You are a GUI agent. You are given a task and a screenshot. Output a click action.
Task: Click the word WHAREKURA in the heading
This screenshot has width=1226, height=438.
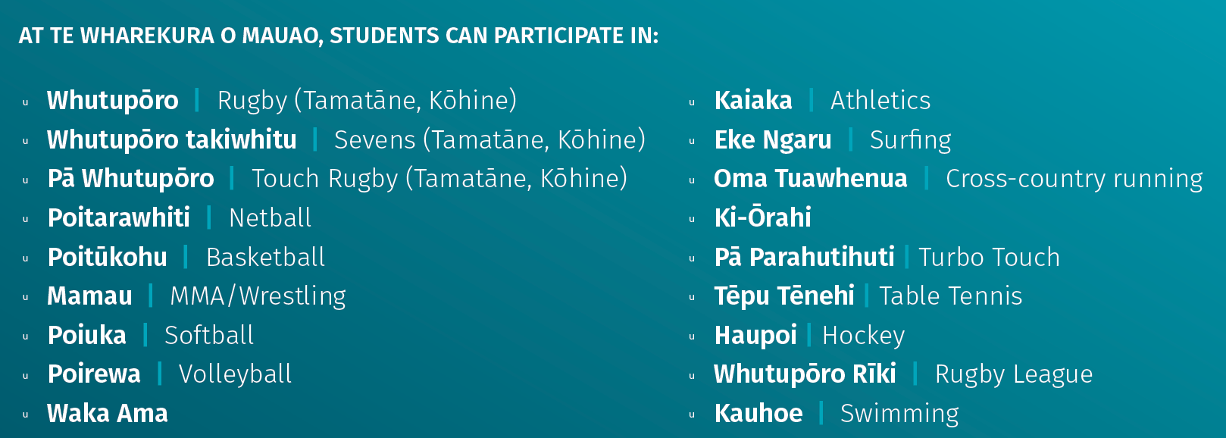(x=147, y=36)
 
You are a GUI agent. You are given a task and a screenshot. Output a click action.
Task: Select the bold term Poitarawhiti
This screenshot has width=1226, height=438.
(x=119, y=217)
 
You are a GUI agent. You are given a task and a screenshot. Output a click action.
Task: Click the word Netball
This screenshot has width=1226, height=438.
(x=270, y=217)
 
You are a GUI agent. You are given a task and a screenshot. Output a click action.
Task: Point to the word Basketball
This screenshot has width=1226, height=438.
(x=265, y=257)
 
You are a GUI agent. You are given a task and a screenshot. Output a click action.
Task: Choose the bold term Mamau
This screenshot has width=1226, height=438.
(x=89, y=296)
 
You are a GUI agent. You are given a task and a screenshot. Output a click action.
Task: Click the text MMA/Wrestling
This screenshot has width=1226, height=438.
(x=258, y=297)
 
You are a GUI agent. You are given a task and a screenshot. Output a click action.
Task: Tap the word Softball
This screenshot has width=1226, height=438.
(x=209, y=335)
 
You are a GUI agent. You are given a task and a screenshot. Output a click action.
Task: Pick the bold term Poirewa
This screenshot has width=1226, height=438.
(x=94, y=374)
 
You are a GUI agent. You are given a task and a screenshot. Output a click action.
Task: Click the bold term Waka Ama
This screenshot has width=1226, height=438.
(x=108, y=413)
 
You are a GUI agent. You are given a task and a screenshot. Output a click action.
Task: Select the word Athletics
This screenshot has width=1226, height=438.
(x=880, y=100)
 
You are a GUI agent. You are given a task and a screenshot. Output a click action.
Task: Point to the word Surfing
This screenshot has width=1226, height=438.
(x=911, y=140)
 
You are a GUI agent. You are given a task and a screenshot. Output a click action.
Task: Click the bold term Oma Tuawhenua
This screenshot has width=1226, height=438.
(x=811, y=179)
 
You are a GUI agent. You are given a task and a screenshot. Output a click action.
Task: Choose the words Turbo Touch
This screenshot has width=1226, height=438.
(x=989, y=257)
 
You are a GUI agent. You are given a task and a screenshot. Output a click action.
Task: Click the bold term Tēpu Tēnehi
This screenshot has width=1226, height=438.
(x=784, y=296)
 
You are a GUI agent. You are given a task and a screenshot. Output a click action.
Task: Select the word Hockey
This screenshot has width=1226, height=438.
(x=864, y=336)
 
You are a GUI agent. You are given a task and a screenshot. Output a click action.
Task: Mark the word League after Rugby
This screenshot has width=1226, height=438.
(x=1053, y=374)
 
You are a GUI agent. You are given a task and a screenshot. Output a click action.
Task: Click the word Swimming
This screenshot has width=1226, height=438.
(x=899, y=414)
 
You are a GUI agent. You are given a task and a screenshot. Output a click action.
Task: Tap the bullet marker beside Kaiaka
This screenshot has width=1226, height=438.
(x=692, y=102)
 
